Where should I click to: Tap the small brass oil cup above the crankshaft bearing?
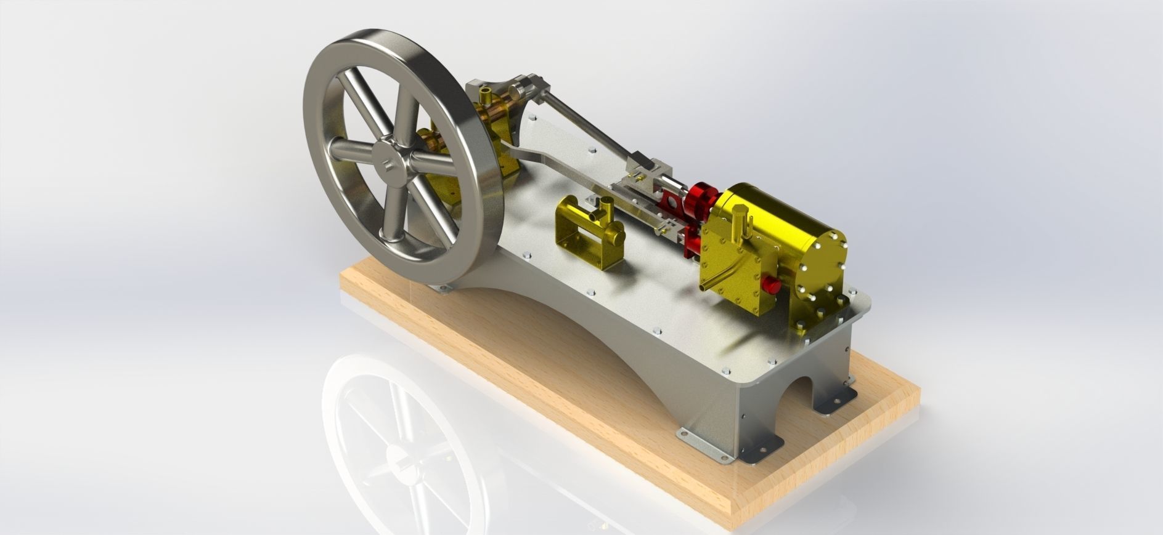(x=487, y=95)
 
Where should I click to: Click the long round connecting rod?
(x=586, y=123)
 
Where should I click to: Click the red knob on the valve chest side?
(x=771, y=284)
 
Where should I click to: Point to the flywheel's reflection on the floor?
(x=401, y=443)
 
